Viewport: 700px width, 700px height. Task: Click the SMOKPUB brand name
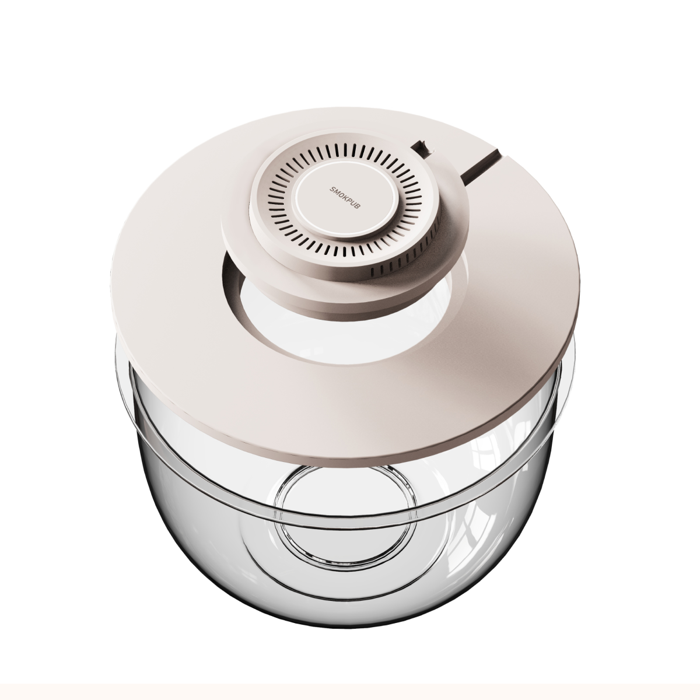pyautogui.click(x=345, y=198)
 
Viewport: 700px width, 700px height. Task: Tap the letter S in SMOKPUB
pyautogui.click(x=332, y=189)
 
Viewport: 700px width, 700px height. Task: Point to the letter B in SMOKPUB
pyautogui.click(x=359, y=206)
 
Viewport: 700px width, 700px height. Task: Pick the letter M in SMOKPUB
pyautogui.click(x=335, y=191)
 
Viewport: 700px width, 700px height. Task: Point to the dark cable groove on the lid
pyautogui.click(x=481, y=167)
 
